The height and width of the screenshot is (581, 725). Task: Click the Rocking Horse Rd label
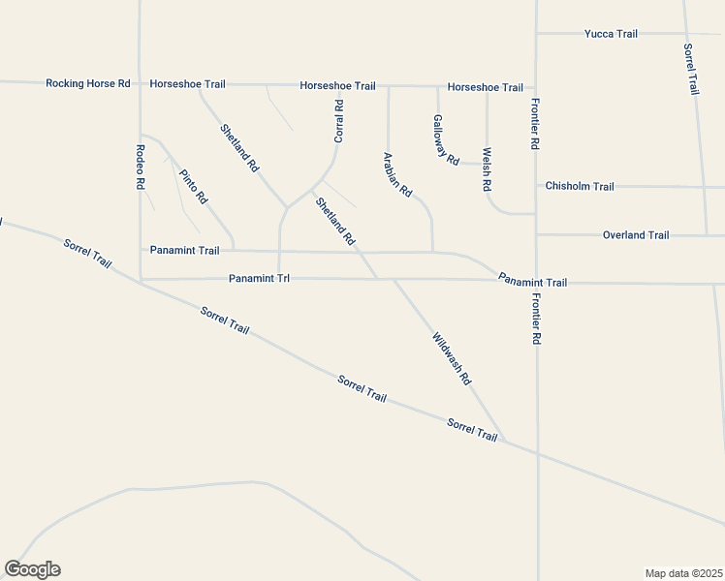pos(88,84)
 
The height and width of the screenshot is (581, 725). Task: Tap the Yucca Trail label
pos(611,34)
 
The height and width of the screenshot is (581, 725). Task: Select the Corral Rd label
pos(339,121)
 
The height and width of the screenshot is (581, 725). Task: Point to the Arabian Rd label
pos(397,174)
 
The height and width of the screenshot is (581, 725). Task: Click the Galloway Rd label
pos(445,140)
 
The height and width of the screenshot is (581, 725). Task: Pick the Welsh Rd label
pos(487,168)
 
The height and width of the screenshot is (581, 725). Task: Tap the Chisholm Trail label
pos(580,186)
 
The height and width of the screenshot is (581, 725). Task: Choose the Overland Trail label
pos(636,235)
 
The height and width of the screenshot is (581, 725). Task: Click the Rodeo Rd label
pos(141,166)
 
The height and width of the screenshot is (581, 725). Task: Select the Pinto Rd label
pos(193,186)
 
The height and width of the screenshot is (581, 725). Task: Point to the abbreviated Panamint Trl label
pos(260,279)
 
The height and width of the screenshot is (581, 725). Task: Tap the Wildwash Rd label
pos(452,360)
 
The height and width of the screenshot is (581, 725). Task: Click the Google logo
pos(32,569)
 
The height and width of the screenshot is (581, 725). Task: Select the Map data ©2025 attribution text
pos(683,572)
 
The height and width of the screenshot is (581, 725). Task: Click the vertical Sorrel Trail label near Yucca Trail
pos(691,69)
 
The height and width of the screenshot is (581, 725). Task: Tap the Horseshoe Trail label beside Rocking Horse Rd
pos(187,84)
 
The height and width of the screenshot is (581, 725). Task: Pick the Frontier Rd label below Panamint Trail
pos(535,321)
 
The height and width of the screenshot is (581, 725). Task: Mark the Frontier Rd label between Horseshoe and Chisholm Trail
pos(534,123)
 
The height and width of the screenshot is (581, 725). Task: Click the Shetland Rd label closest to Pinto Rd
pos(239,148)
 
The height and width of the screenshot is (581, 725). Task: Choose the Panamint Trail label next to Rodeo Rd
pos(184,250)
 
